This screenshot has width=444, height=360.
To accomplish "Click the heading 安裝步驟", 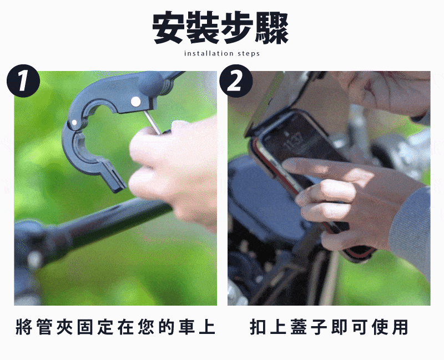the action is pos(220,28).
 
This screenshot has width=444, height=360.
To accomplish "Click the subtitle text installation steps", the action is pos(221,53).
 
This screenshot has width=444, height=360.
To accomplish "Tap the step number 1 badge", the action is pos(23,81).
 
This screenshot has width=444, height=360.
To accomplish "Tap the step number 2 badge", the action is pos(235,81).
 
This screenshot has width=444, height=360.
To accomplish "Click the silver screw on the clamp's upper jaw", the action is pos(135,100).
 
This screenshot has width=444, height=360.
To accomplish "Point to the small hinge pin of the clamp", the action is pos(74,123).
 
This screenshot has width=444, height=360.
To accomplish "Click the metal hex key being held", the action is pos(152,122).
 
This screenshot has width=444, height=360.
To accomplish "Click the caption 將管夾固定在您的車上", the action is pos(115,327).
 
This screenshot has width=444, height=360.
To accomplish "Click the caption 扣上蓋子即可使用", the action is pos(329,327).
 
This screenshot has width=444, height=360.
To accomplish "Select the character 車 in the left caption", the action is pos(186,327).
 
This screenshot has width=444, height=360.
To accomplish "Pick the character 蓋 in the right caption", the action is pos(299,327).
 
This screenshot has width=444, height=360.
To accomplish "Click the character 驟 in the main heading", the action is pos(272,28).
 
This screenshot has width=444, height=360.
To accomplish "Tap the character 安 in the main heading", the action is pos(169,28).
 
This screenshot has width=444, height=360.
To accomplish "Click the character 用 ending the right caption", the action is pos(400,327).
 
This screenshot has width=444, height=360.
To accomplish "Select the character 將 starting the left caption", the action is pos(24,327).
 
